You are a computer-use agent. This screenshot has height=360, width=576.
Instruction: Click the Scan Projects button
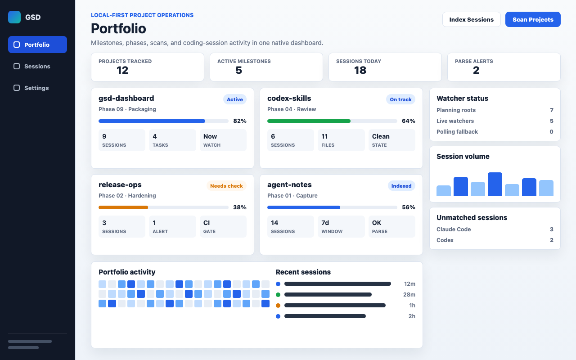point(533,19)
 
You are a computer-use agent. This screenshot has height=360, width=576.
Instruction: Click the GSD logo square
point(14,17)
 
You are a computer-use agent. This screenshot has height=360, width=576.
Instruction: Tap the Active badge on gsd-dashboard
point(235,99)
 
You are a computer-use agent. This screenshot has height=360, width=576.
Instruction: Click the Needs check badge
point(226,186)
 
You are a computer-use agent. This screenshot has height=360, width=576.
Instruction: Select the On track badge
point(400,99)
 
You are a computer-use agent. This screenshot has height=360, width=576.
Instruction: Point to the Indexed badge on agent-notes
point(401,186)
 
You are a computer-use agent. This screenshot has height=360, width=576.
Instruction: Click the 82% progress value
point(240,121)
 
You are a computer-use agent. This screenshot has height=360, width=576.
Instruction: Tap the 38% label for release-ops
point(240,207)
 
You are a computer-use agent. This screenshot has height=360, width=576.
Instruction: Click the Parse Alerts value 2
point(476,70)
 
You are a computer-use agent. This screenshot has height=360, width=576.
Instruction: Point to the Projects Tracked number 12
point(122,70)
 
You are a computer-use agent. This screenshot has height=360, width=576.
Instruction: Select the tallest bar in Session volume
point(495,184)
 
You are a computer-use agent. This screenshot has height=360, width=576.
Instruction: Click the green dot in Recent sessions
point(278,295)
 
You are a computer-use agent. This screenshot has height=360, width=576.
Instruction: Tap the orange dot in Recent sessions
point(278,306)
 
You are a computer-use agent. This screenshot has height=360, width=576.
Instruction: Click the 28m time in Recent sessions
point(409,295)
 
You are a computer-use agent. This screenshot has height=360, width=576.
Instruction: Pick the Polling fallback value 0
point(551,132)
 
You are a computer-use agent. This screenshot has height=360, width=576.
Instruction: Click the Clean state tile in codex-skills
point(391,140)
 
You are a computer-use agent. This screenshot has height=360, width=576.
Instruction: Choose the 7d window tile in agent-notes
point(341,226)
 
